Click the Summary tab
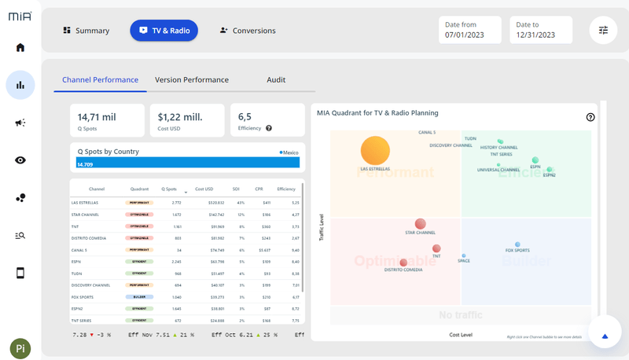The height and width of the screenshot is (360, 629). point(86,31)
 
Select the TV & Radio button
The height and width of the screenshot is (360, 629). point(164,31)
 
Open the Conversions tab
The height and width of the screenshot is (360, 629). point(248,31)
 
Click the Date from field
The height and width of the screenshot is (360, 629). point(469,30)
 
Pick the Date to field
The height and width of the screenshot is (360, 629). point(540,30)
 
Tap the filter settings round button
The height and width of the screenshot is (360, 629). point(603,30)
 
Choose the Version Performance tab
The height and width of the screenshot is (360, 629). point(192,80)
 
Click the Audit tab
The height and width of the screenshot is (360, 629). point(276,80)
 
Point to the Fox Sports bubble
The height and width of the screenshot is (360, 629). point(517,244)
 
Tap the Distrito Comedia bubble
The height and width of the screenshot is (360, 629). point(403,263)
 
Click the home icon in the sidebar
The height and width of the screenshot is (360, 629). point(20,47)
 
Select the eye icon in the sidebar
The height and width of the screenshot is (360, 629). point(20,160)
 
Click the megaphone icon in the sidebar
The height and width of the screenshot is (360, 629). point(20,123)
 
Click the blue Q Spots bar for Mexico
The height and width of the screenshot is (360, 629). point(189,163)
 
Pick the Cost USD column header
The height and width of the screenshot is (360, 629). point(204,189)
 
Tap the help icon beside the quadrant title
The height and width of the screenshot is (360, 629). point(590,117)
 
